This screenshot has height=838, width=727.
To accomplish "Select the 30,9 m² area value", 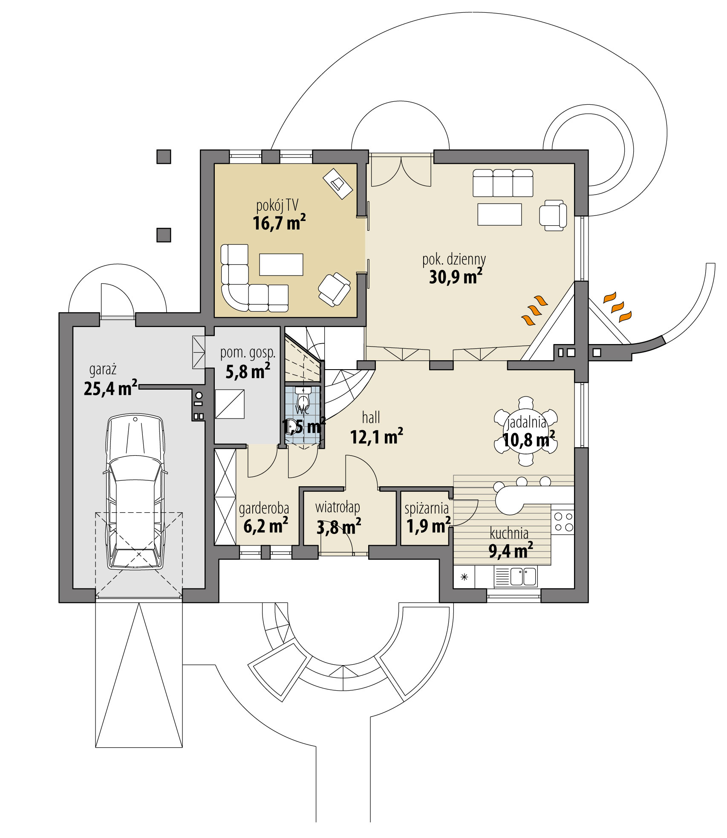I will point(455,277).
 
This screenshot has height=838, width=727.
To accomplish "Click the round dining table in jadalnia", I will point(526,430).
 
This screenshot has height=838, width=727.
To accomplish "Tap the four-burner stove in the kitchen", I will point(563,522).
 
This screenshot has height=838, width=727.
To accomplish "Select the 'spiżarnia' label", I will point(426,508).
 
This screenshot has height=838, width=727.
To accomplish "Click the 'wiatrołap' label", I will point(338,507).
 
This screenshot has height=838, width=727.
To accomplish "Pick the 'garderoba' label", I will point(264,508).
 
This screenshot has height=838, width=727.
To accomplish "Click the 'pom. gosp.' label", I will point(248,353).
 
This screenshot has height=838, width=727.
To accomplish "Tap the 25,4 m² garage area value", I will point(110,388).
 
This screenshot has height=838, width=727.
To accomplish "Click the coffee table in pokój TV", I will point(281,264).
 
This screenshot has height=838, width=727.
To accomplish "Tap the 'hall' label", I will point(371,418).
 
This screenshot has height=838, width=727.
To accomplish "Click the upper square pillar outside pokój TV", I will point(164,157).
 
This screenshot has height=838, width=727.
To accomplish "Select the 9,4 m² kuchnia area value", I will point(510,551).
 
